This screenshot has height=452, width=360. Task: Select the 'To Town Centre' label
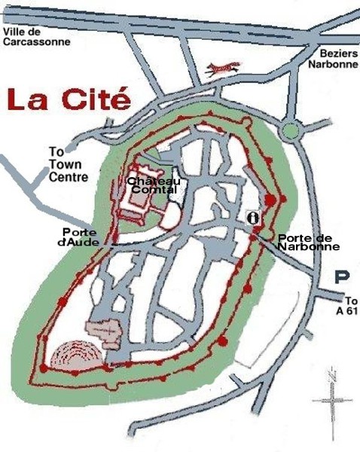[x=67, y=164]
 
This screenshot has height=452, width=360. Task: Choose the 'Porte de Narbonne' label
[x=309, y=242]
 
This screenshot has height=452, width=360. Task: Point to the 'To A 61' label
[x=346, y=304]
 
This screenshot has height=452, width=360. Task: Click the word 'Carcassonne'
[x=37, y=42]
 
